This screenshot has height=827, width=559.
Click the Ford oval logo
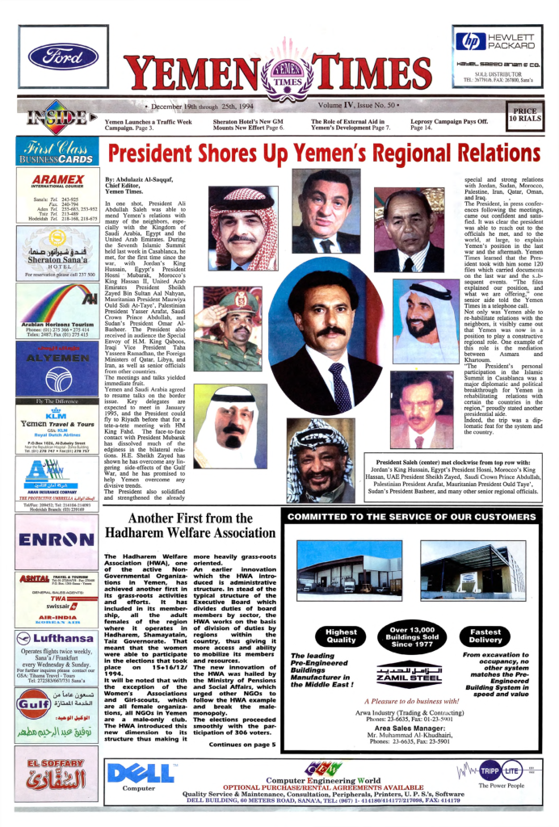pos(64,57)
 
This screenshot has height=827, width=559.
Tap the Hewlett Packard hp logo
pos(471,41)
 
